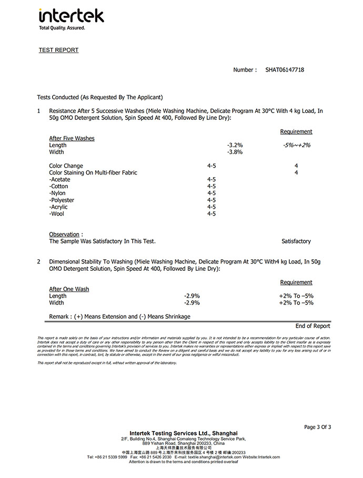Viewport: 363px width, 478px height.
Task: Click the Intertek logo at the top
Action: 71,15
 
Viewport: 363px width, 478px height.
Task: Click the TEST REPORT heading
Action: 58,50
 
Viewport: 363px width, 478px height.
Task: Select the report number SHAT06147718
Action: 285,70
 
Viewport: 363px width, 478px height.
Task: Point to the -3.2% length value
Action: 235,146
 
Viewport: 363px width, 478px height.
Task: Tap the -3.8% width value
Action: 235,152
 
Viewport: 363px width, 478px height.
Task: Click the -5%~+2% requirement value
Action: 296,146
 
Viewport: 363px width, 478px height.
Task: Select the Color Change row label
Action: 66,166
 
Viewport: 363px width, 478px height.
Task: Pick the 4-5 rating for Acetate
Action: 211,180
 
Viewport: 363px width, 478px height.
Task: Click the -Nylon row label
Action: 59,194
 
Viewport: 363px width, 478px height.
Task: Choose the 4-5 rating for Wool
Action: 211,214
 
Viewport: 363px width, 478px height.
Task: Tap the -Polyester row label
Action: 62,200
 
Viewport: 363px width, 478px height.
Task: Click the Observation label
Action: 64,235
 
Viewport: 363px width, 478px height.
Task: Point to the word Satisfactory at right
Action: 296,241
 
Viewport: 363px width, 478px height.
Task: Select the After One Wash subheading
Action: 69,289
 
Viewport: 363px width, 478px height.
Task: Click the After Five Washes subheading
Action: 72,139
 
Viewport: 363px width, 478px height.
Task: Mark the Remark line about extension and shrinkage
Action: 119,317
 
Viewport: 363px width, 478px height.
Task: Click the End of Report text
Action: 312,326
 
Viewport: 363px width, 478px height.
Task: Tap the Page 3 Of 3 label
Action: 317,427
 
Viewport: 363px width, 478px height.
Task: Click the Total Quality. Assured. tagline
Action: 62,28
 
